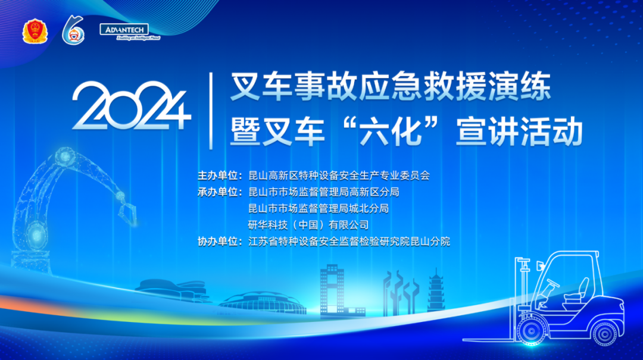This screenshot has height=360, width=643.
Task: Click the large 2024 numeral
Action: (131, 107)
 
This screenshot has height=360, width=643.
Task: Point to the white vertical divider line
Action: (211, 110)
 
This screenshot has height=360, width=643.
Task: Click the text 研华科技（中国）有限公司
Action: (308, 225)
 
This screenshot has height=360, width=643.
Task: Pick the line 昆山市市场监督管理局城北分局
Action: (318, 208)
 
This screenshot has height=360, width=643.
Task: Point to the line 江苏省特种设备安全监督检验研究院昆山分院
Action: (349, 242)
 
